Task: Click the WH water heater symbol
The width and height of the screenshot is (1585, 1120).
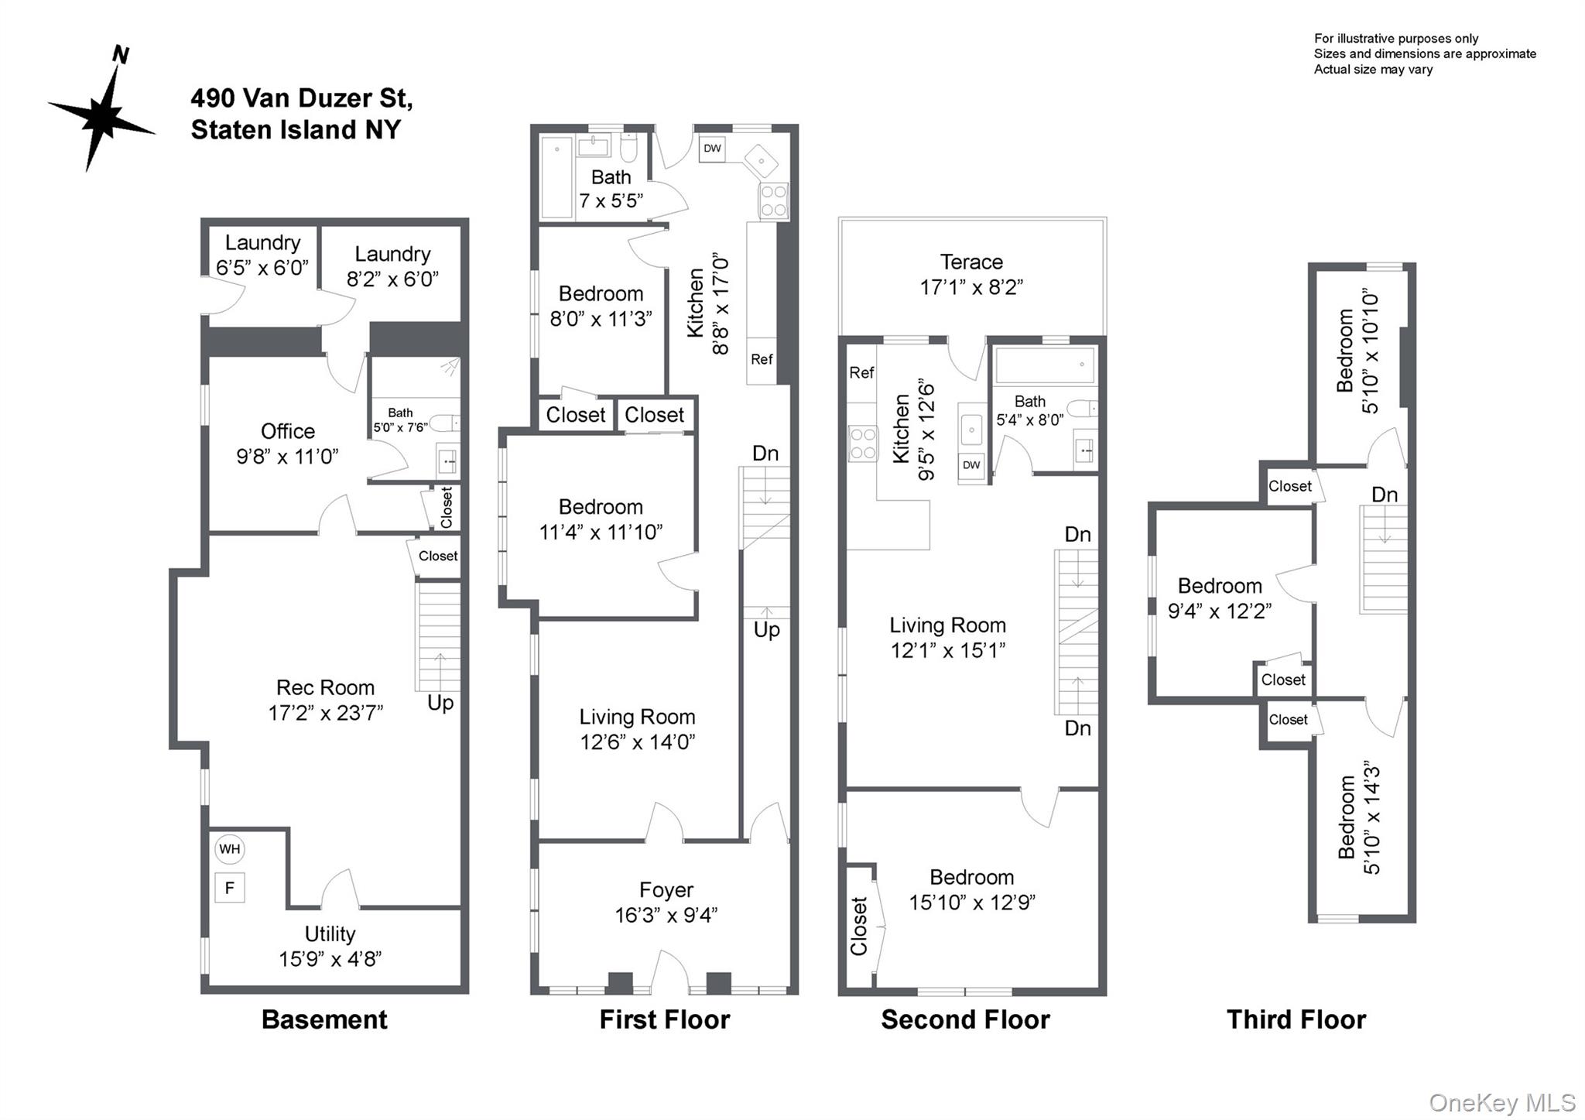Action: (229, 848)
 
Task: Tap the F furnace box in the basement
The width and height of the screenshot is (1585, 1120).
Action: (229, 888)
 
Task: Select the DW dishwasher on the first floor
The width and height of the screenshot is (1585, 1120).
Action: (712, 148)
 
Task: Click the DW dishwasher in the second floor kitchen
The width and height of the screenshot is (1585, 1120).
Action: (971, 465)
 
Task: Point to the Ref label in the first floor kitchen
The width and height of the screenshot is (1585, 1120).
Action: (762, 359)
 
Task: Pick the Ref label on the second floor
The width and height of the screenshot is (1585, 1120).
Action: (861, 372)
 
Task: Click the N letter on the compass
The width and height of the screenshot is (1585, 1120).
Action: (121, 54)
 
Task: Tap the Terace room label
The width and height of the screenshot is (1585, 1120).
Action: (971, 262)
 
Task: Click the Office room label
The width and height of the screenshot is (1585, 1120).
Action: (287, 431)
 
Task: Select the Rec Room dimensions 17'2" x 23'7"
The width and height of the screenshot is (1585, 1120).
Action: (325, 712)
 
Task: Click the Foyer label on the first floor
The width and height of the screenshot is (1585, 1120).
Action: (666, 890)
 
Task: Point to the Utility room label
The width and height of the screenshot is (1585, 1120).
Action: (330, 933)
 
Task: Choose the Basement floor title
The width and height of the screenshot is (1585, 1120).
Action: (324, 1019)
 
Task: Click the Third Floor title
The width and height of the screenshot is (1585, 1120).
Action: (1296, 1019)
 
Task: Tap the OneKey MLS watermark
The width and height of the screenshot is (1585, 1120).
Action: (1501, 1102)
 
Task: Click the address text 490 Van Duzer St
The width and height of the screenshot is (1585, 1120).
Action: (302, 98)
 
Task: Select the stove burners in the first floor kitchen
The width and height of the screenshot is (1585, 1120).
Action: (773, 200)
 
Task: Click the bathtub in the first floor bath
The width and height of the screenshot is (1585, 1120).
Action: (556, 177)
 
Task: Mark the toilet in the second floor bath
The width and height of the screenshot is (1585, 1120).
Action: (1081, 408)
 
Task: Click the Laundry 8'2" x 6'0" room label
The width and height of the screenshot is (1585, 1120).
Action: (392, 266)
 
